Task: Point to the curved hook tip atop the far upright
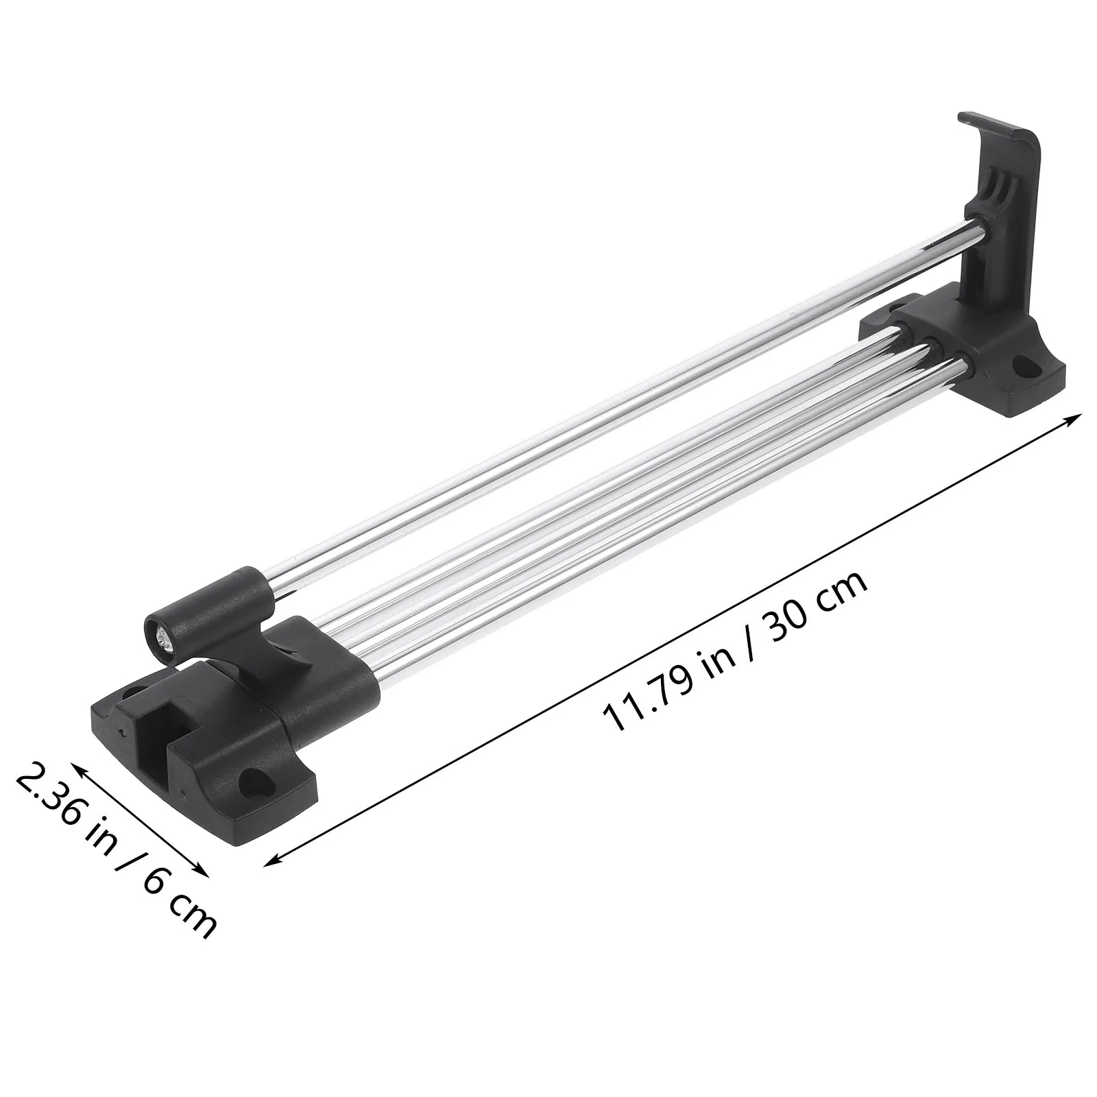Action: [967, 119]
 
